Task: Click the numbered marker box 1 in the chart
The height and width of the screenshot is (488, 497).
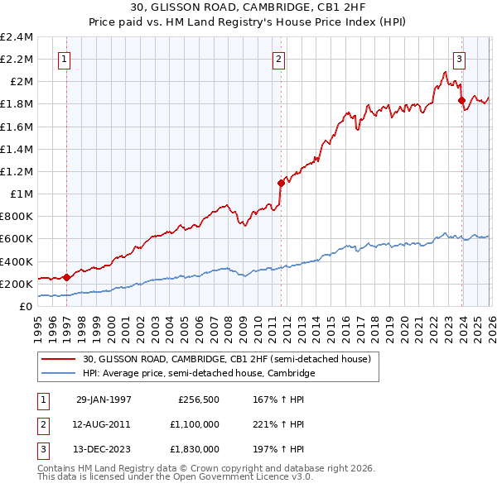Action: (65, 59)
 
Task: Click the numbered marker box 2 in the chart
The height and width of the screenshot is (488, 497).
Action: (278, 59)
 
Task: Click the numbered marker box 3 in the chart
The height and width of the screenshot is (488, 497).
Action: (459, 59)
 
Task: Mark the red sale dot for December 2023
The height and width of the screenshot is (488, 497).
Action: (461, 101)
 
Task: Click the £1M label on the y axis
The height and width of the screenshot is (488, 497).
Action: (21, 194)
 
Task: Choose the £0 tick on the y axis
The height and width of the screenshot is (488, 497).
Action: (27, 306)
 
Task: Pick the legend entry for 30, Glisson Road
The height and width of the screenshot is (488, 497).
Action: (230, 359)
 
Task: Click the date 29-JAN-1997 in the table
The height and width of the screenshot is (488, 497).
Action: (104, 399)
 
